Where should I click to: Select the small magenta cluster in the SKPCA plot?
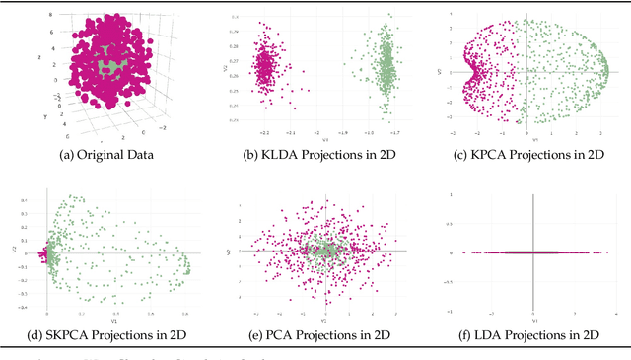44,254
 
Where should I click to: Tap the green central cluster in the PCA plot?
324,252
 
